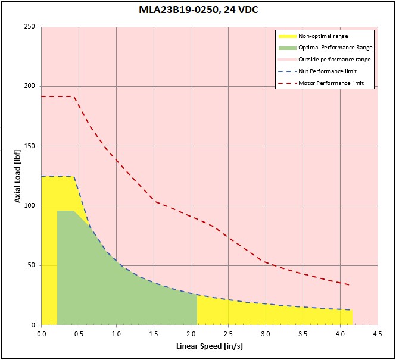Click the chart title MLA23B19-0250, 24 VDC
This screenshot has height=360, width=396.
coord(198,10)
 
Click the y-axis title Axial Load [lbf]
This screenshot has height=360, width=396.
coord(17,176)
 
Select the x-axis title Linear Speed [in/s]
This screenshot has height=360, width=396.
coord(210,346)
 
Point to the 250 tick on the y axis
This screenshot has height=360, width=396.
coord(30,27)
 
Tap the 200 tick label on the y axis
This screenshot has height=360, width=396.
coord(30,86)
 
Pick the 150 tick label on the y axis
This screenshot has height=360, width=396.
coord(30,146)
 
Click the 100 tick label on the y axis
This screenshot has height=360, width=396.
coord(30,206)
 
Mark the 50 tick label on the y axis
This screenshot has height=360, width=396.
coord(32,265)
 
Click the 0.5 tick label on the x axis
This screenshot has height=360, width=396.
coord(79,334)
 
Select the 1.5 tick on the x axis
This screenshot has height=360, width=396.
coord(154,334)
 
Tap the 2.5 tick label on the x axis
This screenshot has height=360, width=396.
coord(228,334)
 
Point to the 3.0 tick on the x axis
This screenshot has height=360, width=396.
coord(266,334)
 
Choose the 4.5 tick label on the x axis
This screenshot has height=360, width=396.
coord(378,334)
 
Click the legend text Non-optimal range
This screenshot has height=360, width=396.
coord(323,36)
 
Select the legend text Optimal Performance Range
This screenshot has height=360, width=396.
coord(335,48)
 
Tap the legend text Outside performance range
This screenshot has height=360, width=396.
coord(335,60)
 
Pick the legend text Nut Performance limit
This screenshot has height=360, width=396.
coord(328,71)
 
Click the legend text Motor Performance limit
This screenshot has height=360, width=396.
coord(331,83)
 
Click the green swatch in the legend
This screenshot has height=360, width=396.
coord(288,48)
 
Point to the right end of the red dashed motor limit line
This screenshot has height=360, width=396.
coord(350,285)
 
